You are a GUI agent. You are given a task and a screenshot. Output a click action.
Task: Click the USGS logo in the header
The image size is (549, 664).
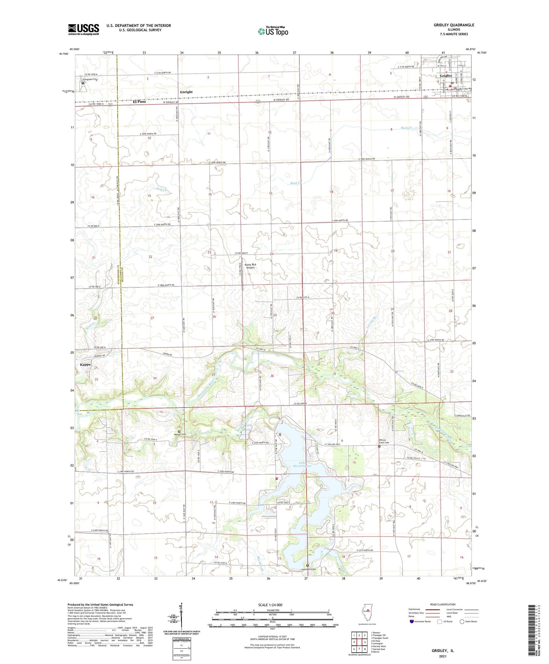tap(83, 29)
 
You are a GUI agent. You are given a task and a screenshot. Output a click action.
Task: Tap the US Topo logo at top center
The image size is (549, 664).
tap(273, 31)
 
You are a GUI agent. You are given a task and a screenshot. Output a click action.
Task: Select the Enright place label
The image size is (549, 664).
tap(186, 92)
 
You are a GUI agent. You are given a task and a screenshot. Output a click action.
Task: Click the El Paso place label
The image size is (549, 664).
tap(139, 101)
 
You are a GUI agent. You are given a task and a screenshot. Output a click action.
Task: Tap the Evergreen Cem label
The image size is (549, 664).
tap(90, 79)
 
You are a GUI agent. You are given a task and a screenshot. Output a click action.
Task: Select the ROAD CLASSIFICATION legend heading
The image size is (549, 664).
tap(443, 604)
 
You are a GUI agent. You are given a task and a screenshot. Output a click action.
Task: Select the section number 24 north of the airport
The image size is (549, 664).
tap(272, 254)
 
